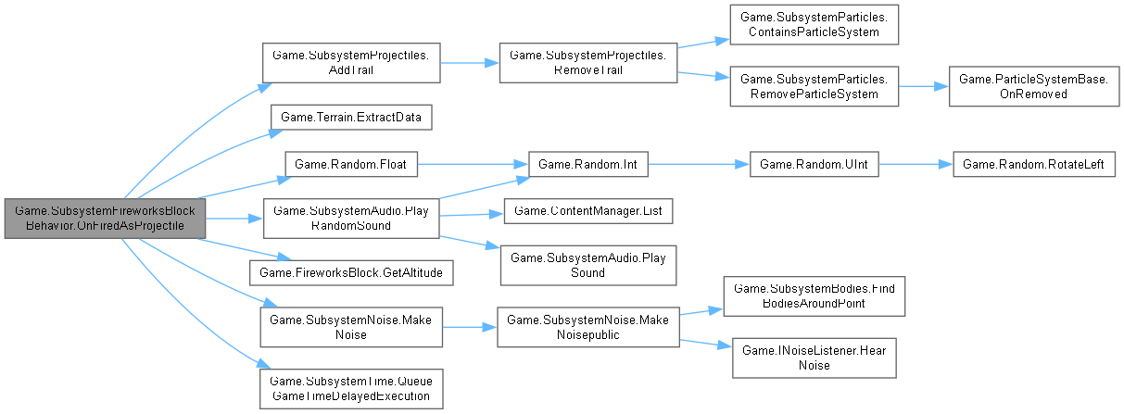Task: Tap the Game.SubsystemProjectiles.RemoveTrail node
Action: coord(587,63)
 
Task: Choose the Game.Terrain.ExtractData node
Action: coord(352,119)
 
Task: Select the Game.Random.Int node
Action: coord(587,164)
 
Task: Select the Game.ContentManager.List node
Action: coord(587,212)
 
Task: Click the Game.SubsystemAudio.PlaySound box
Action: coord(587,265)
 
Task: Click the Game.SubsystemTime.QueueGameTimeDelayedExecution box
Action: coord(352,388)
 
